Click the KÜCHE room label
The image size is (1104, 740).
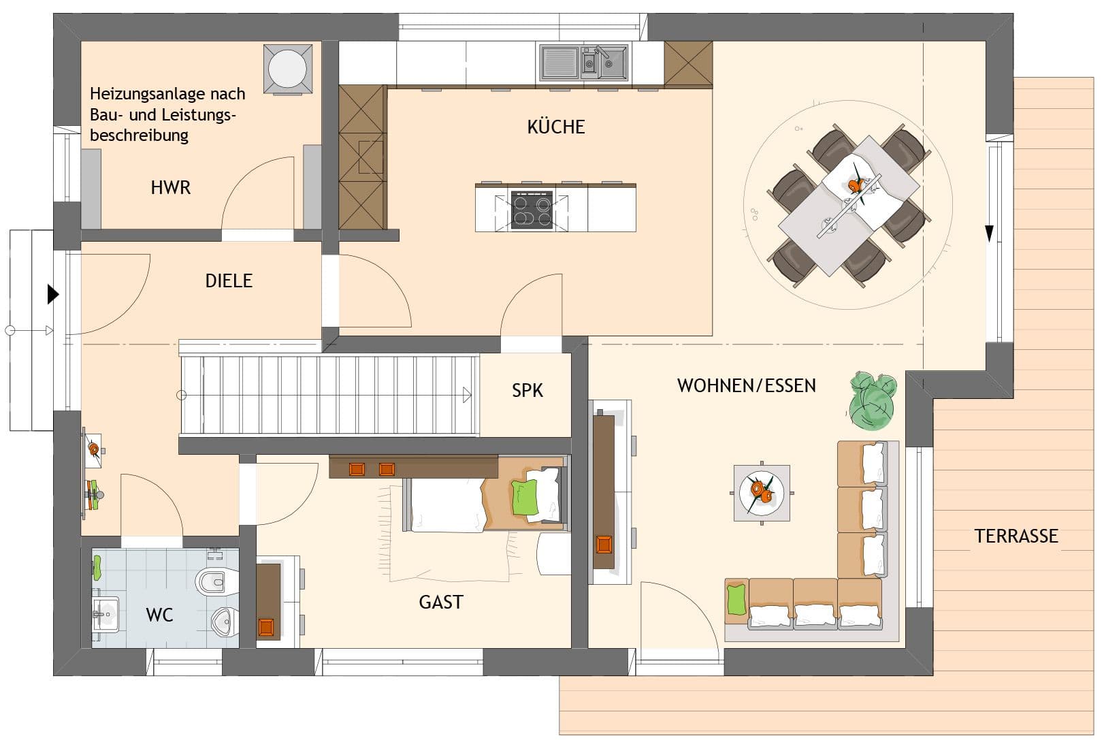pos(555,127)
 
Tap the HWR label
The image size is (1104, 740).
pos(171,187)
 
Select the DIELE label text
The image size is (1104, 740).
pos(229,281)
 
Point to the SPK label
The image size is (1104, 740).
pos(527,391)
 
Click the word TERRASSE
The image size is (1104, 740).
pos(1016,536)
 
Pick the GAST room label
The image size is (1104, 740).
pos(441,602)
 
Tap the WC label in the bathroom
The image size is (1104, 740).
pos(160,615)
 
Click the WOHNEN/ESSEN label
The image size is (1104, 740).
pos(746,385)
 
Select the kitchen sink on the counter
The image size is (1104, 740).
pos(584,63)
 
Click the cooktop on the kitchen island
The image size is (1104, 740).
pos(532,210)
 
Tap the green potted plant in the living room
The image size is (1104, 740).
pos(873,400)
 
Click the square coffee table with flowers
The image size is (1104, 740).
pos(762,492)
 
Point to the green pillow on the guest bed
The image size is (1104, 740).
pos(525,498)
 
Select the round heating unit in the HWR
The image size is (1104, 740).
pos(288,69)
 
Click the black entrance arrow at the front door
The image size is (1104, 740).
pos(53,294)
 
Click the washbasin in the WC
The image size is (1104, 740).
pos(105,614)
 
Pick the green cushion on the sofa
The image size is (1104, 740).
pos(736,600)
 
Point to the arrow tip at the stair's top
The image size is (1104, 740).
pos(471,395)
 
